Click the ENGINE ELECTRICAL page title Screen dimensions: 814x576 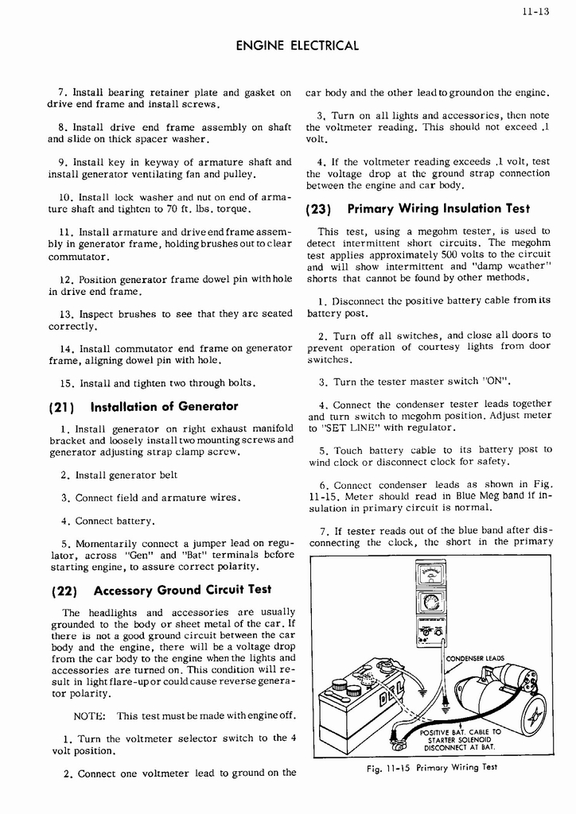pos(298,46)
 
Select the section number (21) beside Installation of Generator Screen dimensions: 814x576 pos(63,407)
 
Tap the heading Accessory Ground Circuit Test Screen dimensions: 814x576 pos(182,590)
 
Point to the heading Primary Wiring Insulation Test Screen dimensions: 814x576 pos(438,209)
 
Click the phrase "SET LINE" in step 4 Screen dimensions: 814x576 pos(346,428)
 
